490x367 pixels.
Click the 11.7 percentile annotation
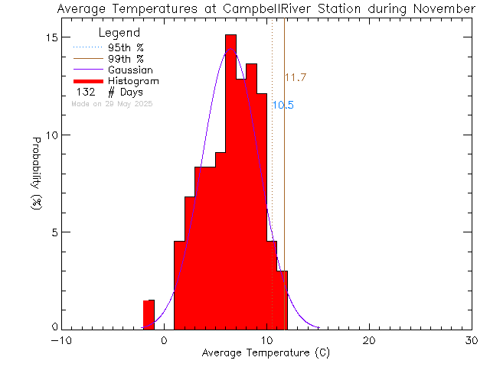pos(296,78)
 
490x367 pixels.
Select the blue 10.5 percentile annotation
pos(283,106)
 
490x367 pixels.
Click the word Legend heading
pos(119,34)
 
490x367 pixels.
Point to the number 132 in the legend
pos(85,93)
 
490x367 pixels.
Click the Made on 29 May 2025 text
pos(112,103)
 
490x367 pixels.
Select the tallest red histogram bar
pos(230,183)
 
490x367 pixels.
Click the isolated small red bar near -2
pos(149,314)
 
